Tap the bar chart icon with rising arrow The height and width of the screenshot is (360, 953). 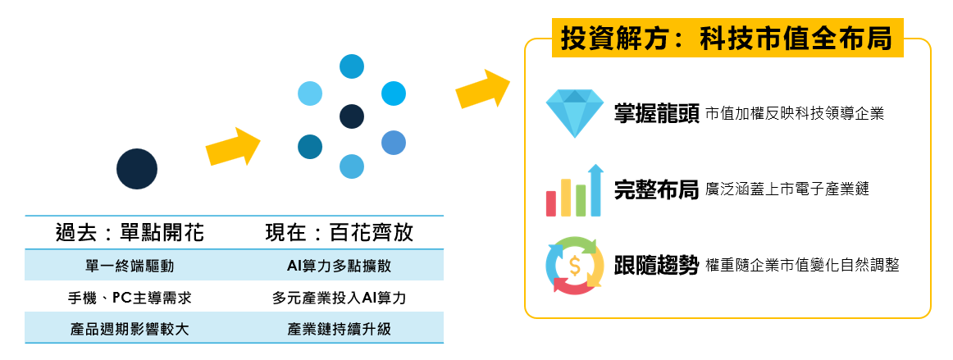(x=575, y=190)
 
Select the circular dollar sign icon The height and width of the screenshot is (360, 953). (x=575, y=266)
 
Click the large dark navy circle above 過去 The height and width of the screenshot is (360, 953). (x=137, y=169)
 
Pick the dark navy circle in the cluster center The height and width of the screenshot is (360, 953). (x=351, y=116)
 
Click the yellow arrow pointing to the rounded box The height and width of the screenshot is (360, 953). (x=483, y=89)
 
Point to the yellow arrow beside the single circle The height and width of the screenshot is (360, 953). (x=234, y=147)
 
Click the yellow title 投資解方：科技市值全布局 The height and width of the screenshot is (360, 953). (x=727, y=39)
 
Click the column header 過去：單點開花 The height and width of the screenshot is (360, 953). (x=130, y=232)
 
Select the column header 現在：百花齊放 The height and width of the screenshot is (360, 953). (x=340, y=232)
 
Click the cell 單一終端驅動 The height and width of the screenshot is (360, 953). (x=130, y=266)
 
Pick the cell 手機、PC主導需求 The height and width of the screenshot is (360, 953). (x=130, y=298)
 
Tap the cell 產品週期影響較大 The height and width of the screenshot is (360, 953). (x=130, y=330)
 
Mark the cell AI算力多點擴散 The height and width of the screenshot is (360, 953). (x=340, y=266)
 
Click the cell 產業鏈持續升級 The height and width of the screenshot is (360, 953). (x=340, y=330)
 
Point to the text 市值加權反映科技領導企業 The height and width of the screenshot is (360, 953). (x=795, y=114)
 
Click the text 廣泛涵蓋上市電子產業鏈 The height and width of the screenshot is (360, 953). (x=787, y=189)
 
